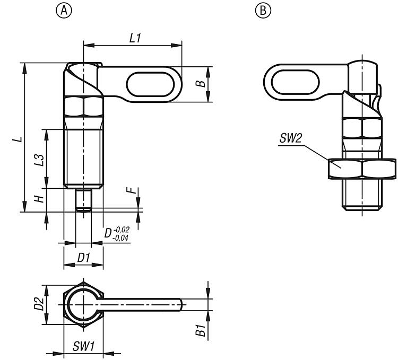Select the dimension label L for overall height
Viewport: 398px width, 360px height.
(x=18, y=139)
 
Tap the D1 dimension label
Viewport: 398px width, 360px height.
(x=83, y=258)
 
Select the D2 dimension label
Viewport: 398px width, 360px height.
(x=38, y=304)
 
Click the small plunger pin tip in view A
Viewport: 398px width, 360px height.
(x=83, y=201)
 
